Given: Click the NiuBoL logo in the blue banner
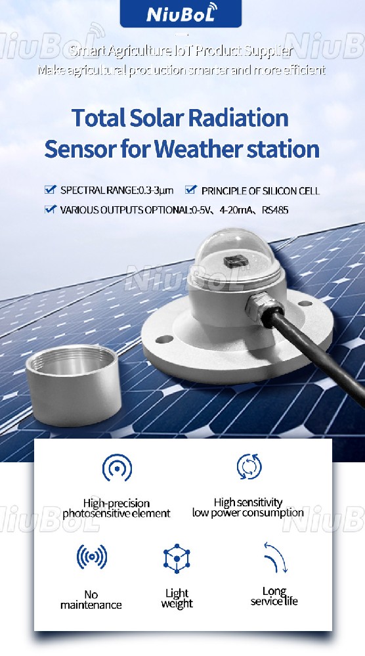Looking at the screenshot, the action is [x=181, y=13].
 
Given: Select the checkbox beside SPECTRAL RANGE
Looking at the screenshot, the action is [x=50, y=190].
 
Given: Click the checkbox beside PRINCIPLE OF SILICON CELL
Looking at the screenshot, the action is [x=190, y=190].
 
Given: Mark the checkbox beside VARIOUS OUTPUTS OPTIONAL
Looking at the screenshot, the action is [x=50, y=209].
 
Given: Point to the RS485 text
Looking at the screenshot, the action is [x=275, y=209].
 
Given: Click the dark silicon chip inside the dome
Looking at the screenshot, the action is [x=236, y=262].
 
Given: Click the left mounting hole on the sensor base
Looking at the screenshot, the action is [x=164, y=339].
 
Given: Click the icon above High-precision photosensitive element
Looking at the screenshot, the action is [x=117, y=468].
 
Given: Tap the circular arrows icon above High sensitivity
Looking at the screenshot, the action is [x=249, y=466].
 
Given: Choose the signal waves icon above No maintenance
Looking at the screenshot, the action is [x=91, y=557].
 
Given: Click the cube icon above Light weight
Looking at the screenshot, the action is [x=177, y=559].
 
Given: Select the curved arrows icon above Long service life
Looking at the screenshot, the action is [x=276, y=558].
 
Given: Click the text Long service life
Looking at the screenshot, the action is [x=274, y=596].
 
